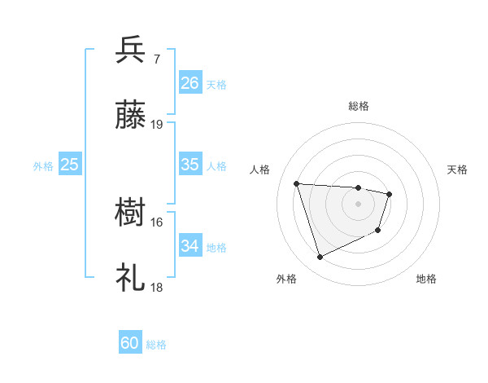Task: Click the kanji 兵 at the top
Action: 131,50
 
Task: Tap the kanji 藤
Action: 131,117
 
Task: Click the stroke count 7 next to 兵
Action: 157,59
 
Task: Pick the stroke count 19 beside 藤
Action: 157,125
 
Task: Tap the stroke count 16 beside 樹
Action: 157,222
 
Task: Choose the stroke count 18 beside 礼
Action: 157,288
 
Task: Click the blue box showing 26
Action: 190,82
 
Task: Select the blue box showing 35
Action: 190,165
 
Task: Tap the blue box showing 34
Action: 190,246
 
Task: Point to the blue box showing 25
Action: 70,165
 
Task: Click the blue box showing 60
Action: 130,343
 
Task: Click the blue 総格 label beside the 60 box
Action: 157,345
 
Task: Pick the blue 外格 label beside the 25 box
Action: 43,166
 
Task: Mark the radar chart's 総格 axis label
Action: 359,106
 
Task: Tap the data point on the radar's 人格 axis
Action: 297,183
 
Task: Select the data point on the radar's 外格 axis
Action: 320,258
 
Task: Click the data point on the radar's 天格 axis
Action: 390,194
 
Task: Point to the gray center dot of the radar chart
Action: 359,204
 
